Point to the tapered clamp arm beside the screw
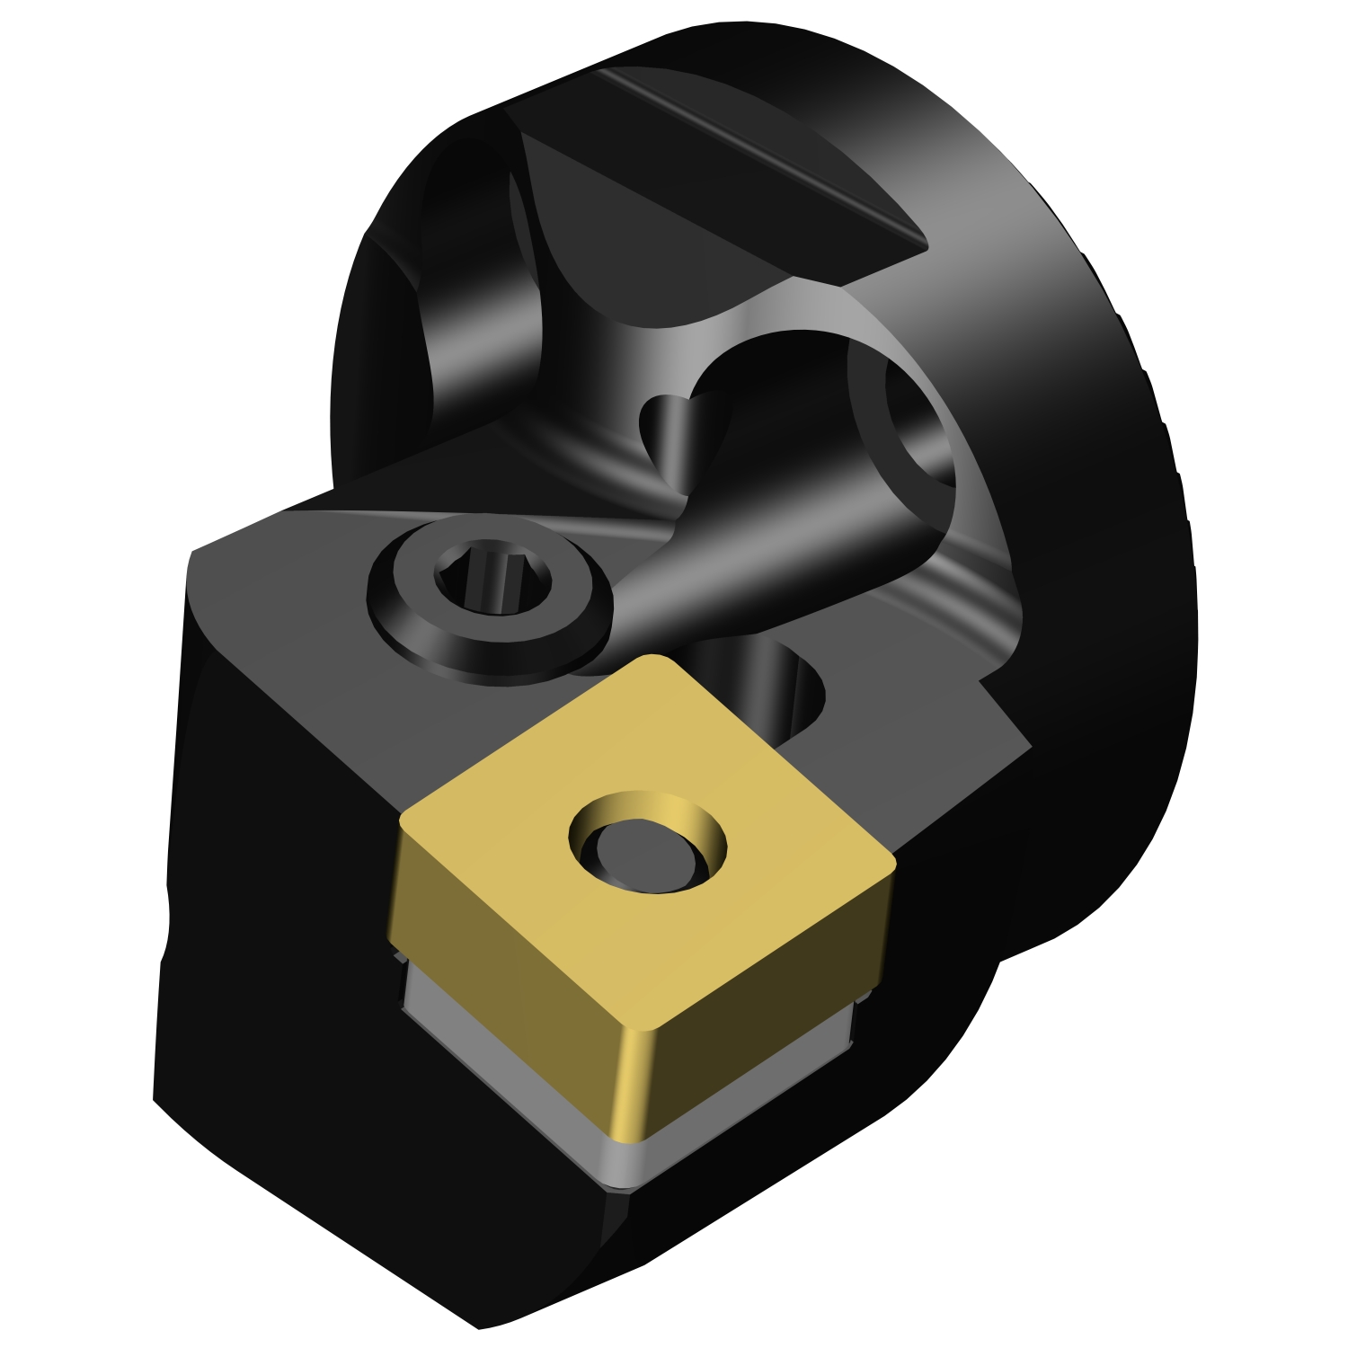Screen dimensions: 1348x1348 [x=764, y=557]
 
